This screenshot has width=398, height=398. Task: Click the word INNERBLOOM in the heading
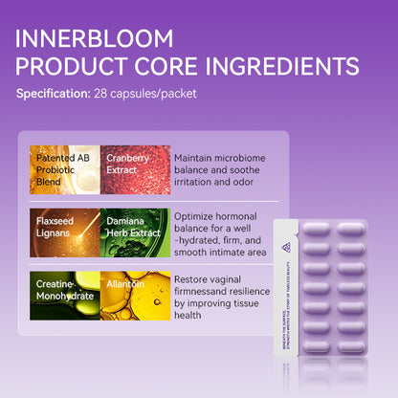pos(95,40)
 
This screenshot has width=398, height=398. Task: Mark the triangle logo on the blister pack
pos(286,247)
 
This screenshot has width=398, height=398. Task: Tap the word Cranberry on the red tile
pos(128,158)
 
